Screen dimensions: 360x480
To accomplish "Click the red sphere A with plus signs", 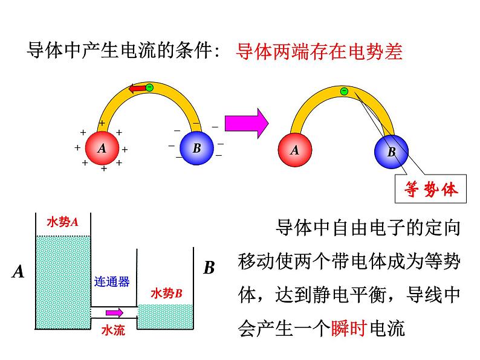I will tap(102, 149).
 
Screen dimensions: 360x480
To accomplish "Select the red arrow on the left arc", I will tap(138, 89).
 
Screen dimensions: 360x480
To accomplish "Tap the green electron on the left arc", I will tap(149, 88).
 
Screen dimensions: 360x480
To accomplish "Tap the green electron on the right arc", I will tap(343, 91).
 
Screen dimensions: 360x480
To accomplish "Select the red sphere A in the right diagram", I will tap(294, 150).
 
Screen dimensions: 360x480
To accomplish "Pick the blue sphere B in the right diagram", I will tap(391, 152).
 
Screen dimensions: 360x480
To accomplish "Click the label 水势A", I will tap(63, 222).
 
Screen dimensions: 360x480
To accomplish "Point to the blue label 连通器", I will tap(112, 281).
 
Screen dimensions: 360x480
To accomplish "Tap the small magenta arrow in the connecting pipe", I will tap(114, 313).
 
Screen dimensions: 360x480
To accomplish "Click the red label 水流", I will tap(113, 330).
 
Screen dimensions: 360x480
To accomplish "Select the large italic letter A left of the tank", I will tap(18, 272).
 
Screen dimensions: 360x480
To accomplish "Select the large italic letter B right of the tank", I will tap(209, 268).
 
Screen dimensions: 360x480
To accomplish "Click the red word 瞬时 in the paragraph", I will tap(349, 329).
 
